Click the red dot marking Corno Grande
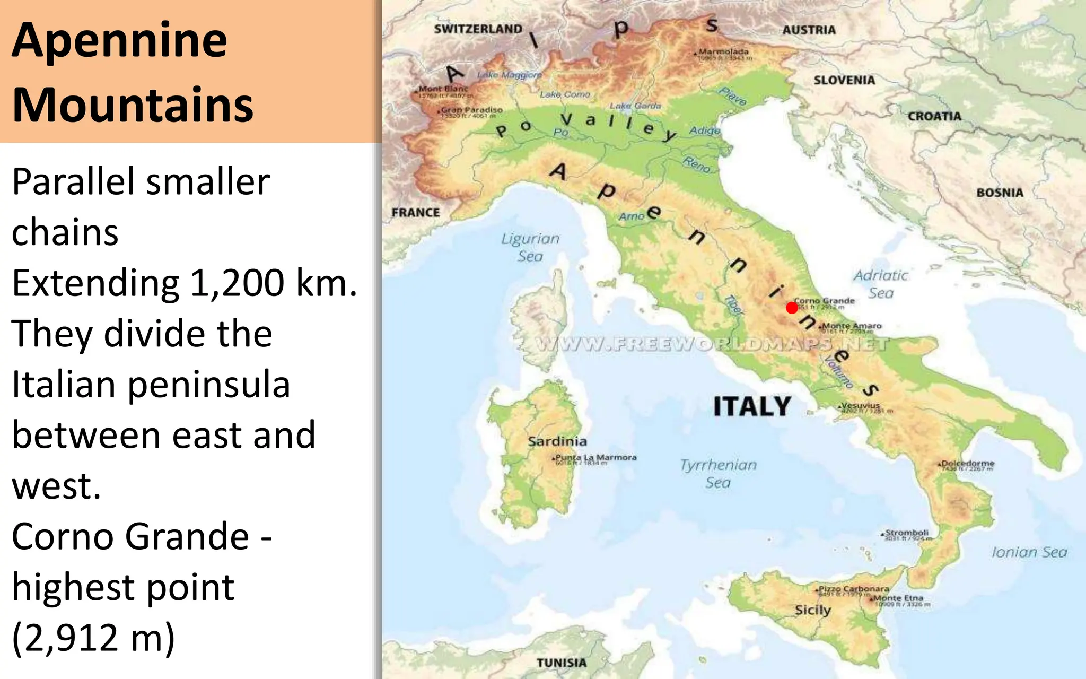(792, 308)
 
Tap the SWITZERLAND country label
(478, 29)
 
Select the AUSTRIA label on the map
(809, 30)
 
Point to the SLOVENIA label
(844, 80)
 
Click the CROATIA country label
(934, 116)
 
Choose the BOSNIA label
(1000, 193)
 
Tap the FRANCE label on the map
(416, 213)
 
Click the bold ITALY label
(752, 407)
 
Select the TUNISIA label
(562, 663)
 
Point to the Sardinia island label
(557, 441)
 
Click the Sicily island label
(812, 610)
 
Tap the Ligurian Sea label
(530, 247)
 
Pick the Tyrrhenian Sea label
(718, 473)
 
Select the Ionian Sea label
(1029, 552)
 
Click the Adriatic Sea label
(881, 284)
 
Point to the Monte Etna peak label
(898, 598)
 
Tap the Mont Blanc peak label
(444, 89)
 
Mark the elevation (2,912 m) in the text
(93, 637)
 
